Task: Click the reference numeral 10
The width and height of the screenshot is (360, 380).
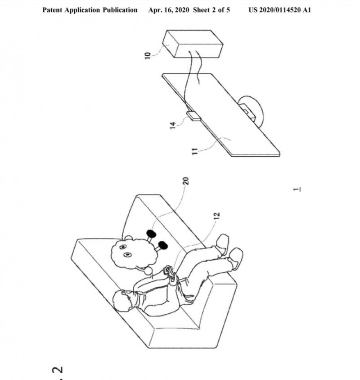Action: (147, 55)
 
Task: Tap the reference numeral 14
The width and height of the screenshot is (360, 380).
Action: (172, 126)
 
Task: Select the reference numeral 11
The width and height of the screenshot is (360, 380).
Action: (195, 151)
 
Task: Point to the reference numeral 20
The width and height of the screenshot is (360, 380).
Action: (186, 181)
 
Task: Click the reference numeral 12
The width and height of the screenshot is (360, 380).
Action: (217, 216)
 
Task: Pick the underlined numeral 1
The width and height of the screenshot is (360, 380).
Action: (297, 189)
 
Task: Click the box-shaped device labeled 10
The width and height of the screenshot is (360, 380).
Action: (193, 44)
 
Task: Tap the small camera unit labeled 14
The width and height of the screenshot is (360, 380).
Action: (193, 116)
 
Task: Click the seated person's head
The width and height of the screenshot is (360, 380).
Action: (124, 300)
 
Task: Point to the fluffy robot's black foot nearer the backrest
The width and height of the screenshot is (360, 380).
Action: (151, 234)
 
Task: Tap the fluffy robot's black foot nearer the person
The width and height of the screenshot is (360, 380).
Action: (163, 245)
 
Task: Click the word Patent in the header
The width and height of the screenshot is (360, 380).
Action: (53, 10)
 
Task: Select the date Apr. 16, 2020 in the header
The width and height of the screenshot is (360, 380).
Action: (169, 10)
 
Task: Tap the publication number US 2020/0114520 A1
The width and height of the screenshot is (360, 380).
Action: (279, 10)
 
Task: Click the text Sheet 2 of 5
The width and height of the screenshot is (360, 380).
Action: (211, 10)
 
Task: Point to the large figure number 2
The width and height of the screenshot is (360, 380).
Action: (58, 370)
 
